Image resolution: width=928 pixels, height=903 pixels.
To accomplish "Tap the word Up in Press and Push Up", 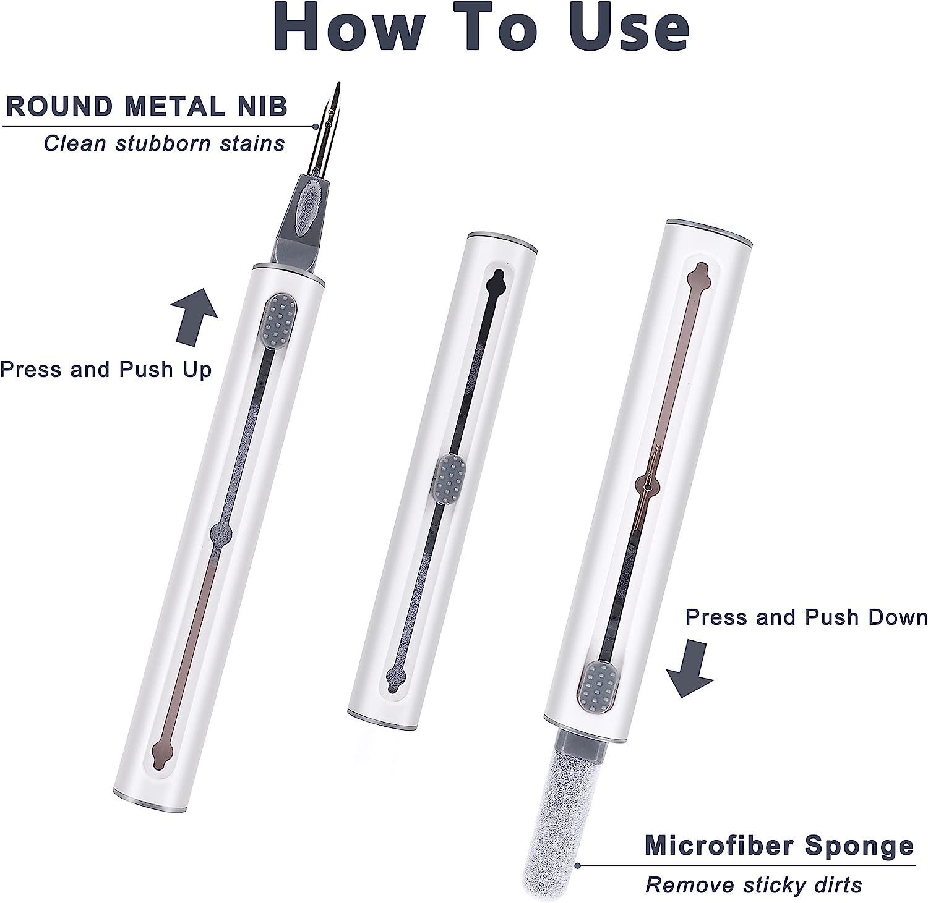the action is [x=197, y=370].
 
